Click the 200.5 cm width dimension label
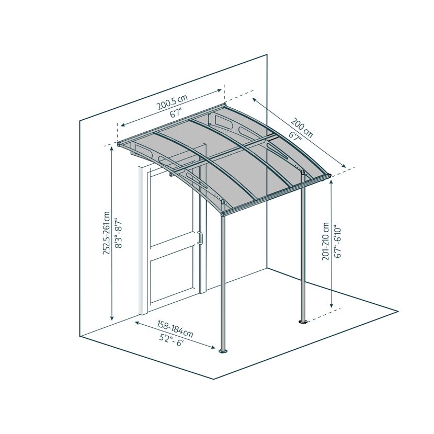click(172, 102)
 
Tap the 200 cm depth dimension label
click(302, 128)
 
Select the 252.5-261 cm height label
click(107, 233)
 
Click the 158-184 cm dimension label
click(175, 328)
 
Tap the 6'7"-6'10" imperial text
click(337, 243)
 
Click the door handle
click(200, 238)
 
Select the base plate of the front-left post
click(223, 351)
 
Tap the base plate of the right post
click(303, 322)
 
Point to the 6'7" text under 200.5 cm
click(176, 113)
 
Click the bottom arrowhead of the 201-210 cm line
click(332, 305)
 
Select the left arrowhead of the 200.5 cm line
click(122, 125)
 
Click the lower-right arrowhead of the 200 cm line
click(344, 166)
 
